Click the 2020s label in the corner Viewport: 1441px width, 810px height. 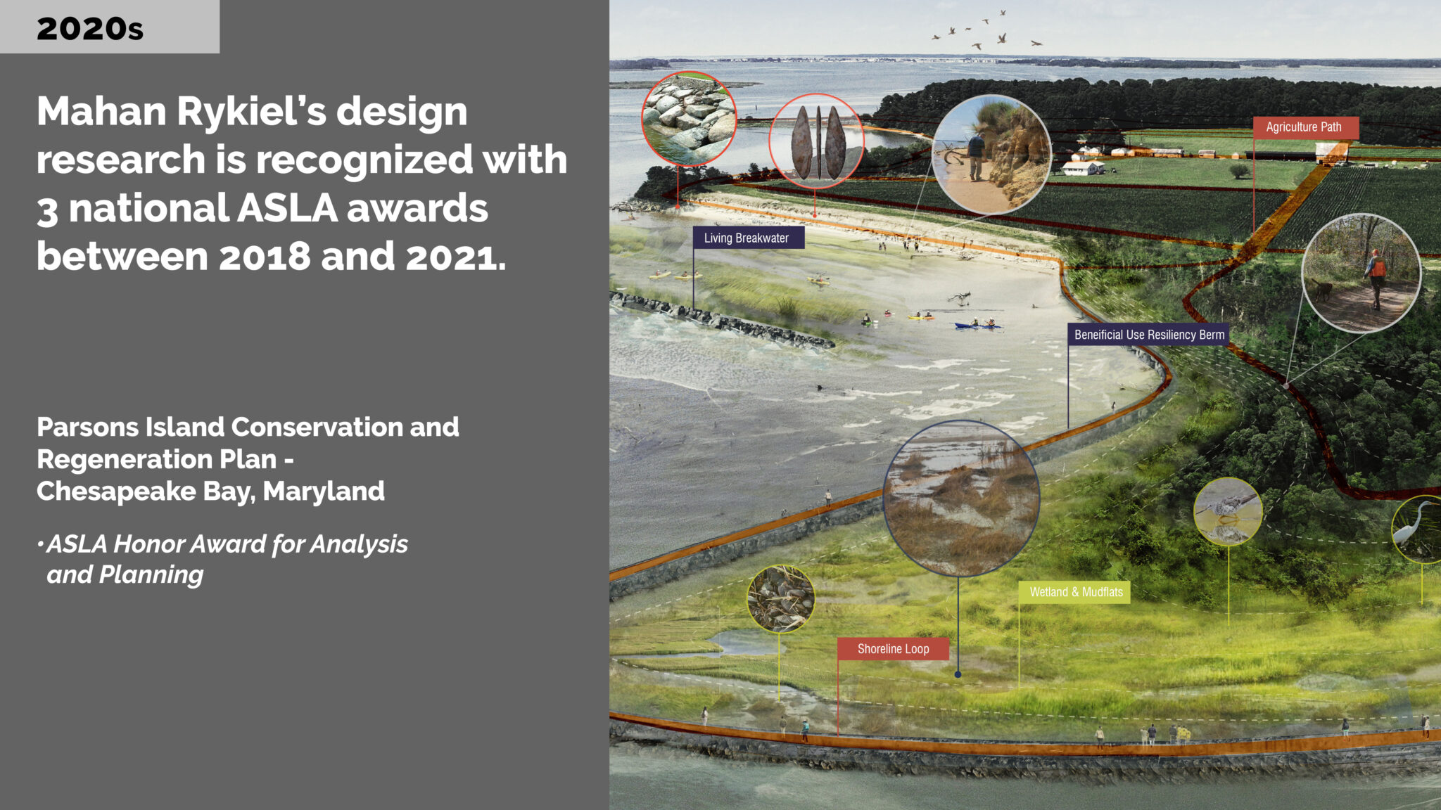click(x=90, y=29)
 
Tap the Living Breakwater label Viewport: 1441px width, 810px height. click(x=748, y=238)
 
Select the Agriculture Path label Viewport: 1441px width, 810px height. click(x=1305, y=127)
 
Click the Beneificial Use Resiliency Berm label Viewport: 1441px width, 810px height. click(x=1148, y=335)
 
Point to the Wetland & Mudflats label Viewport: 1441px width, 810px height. click(x=1075, y=592)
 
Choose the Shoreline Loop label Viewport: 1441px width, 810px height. click(x=893, y=649)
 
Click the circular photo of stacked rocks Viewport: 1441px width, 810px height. click(x=689, y=118)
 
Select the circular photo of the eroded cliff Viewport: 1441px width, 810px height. click(x=991, y=155)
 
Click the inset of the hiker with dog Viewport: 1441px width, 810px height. click(x=1361, y=273)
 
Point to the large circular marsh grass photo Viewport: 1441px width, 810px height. click(x=961, y=499)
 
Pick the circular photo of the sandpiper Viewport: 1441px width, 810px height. click(x=1229, y=511)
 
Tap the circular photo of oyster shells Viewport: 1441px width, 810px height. click(x=780, y=599)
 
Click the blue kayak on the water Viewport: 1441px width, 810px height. click(x=977, y=326)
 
